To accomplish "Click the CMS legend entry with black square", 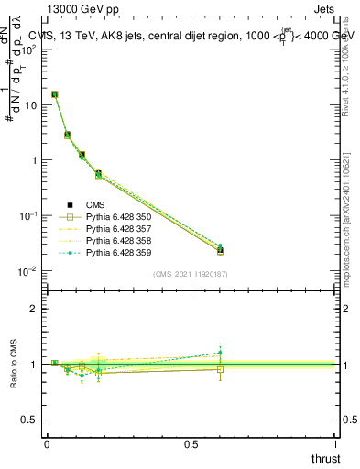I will (x=96, y=204).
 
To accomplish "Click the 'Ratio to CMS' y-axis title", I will (x=14, y=365).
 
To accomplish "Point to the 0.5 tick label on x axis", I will (x=190, y=443).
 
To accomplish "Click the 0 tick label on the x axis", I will (x=47, y=443).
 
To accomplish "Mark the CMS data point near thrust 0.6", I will (x=220, y=250).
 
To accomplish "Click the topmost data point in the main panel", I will (x=55, y=94).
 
